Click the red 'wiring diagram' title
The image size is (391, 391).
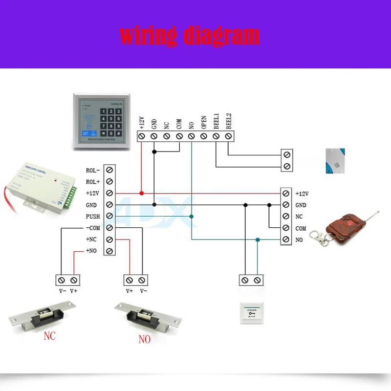tap(190, 35)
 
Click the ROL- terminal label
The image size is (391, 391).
tap(92, 170)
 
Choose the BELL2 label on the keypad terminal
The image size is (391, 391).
tap(228, 121)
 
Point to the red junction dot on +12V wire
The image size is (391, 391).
tap(142, 194)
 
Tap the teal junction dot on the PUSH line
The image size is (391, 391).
tap(192, 217)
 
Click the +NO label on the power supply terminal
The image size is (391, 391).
tap(92, 251)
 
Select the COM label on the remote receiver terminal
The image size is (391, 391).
tap(301, 229)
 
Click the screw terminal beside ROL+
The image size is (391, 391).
tap(110, 182)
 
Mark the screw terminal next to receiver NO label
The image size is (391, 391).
tap(286, 240)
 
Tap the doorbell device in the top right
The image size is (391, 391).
tap(335, 160)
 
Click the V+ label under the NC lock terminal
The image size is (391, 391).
tap(74, 291)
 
